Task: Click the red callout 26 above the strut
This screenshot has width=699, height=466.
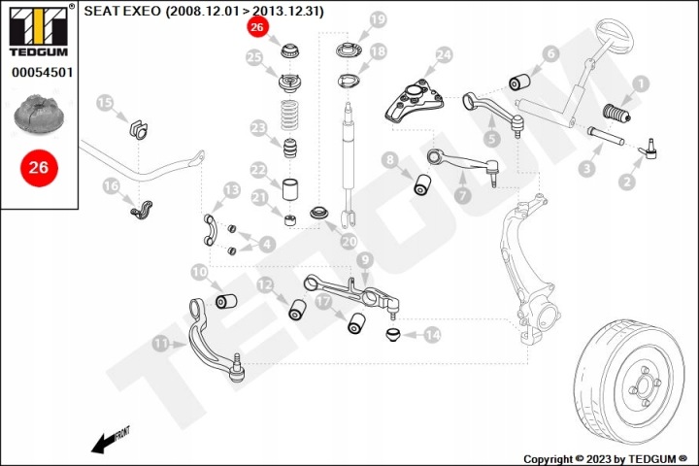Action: click(257, 27)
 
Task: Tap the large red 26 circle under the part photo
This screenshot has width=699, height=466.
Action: click(39, 168)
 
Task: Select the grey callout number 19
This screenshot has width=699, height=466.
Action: click(378, 19)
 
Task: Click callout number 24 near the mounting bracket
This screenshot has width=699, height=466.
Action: click(444, 55)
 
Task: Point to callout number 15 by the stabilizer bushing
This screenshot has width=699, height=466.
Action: click(105, 103)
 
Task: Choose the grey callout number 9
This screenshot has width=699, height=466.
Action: click(365, 259)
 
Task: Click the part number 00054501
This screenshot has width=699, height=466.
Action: click(43, 72)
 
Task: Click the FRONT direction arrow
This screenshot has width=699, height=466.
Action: click(106, 443)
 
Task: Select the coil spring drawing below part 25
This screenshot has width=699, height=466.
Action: click(289, 116)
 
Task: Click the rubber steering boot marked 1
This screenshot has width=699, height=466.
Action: click(616, 114)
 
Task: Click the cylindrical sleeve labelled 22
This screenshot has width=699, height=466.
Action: click(290, 189)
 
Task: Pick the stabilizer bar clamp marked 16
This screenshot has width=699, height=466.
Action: click(142, 210)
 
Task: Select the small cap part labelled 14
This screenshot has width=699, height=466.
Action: click(393, 334)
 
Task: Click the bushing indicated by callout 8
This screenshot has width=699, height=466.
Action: click(422, 185)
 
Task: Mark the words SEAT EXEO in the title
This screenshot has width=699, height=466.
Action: click(122, 11)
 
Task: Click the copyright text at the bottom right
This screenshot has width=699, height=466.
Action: click(606, 459)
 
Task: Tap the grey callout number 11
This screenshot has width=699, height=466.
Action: click(161, 344)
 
